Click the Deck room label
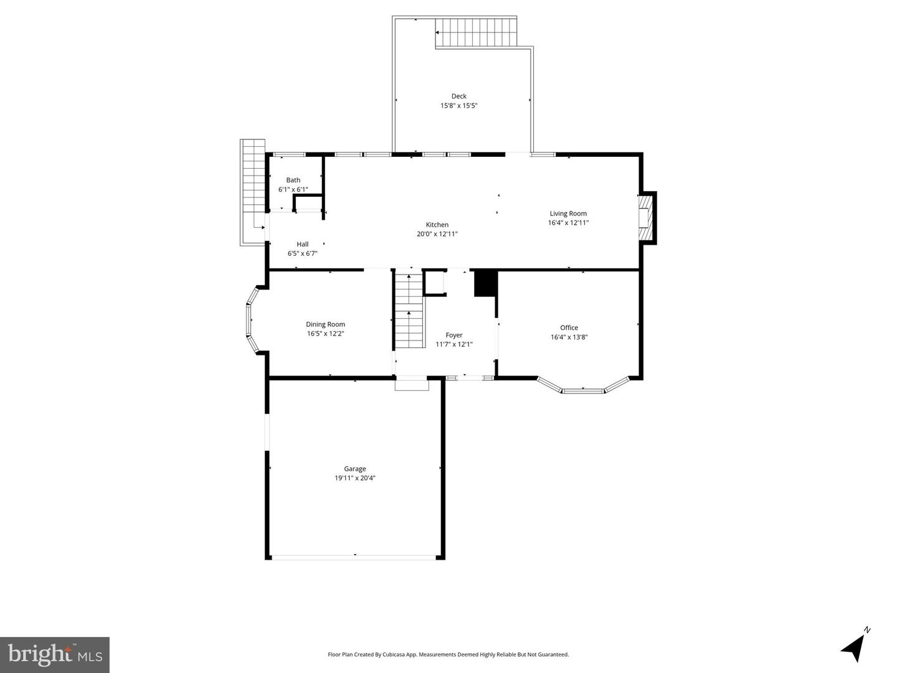point(458,96)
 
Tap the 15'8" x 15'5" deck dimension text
point(458,106)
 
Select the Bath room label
point(293,180)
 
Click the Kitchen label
point(437,225)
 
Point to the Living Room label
point(567,214)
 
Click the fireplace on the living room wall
point(645,217)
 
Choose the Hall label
point(302,244)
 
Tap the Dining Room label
point(325,324)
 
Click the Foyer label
point(453,335)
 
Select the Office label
point(569,327)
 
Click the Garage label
point(354,469)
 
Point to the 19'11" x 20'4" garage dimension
point(354,479)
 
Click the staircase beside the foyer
point(409,311)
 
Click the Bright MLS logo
point(55,654)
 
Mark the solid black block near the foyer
point(484,283)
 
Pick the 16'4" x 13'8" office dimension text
point(569,337)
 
